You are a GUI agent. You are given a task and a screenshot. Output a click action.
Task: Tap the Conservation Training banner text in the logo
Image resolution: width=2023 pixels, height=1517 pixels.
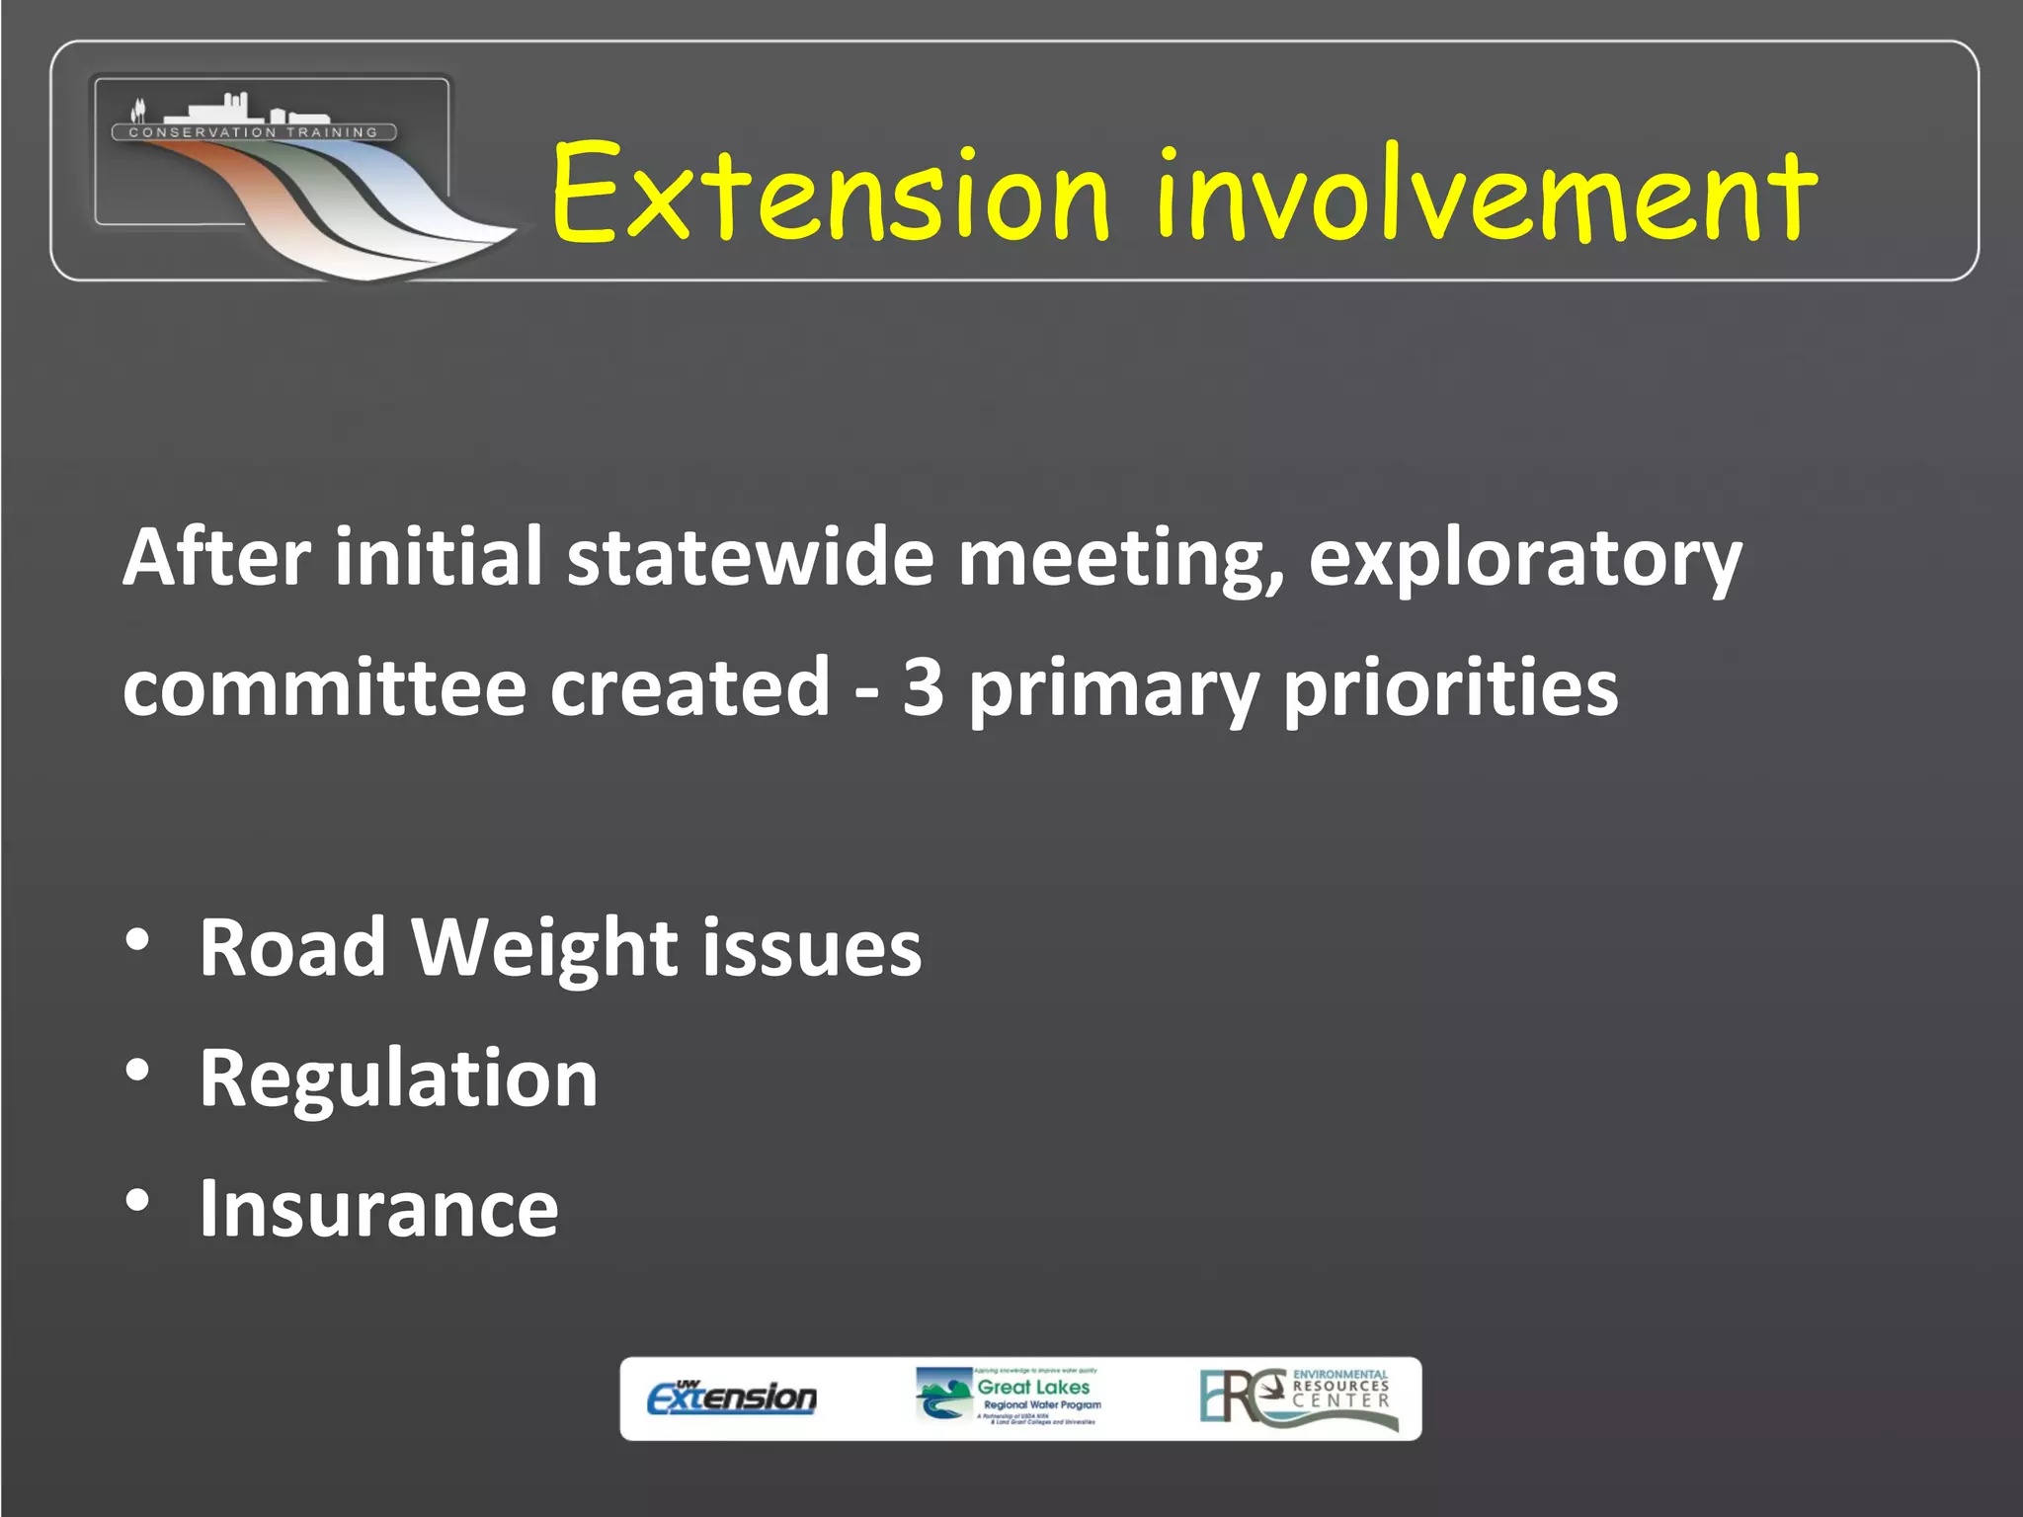click(254, 132)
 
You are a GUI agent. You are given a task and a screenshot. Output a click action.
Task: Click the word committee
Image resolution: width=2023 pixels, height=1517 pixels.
click(324, 687)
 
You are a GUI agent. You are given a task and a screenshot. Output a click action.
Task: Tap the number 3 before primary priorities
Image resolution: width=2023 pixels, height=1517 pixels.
click(923, 687)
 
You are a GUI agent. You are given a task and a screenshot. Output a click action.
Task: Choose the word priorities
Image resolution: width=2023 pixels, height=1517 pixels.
click(1450, 689)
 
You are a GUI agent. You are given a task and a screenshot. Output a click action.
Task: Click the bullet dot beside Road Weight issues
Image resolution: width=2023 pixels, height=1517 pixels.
click(138, 939)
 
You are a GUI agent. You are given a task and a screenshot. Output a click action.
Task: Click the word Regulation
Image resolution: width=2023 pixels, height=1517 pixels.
click(398, 1079)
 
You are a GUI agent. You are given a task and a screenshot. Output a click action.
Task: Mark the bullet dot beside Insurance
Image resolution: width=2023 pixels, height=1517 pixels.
click(138, 1200)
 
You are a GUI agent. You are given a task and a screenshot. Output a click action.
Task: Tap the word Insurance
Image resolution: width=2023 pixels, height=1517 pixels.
click(378, 1209)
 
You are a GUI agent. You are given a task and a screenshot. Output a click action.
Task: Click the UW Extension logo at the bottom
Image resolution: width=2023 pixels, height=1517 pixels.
click(732, 1397)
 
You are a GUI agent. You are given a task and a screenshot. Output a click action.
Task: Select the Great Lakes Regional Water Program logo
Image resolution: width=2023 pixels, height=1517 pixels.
click(1008, 1397)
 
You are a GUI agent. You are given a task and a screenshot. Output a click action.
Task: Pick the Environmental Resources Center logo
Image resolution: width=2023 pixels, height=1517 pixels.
click(1297, 1397)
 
